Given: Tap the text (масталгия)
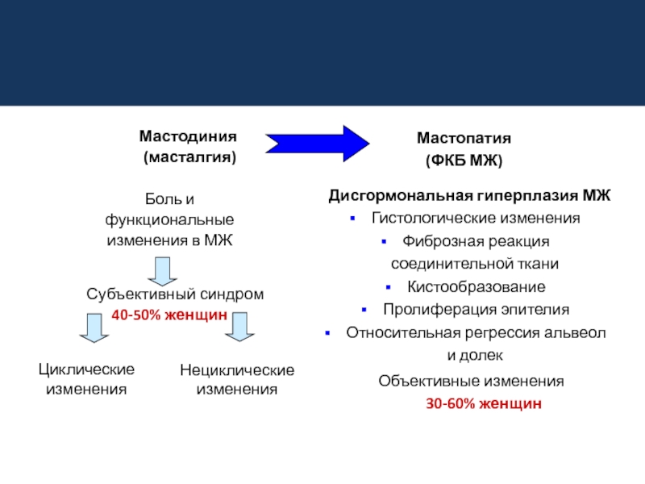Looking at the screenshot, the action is coord(189,156).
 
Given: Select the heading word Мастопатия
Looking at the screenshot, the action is coord(464,139).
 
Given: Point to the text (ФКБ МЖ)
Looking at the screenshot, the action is coord(464,161).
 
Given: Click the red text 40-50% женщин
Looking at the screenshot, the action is coord(169,315).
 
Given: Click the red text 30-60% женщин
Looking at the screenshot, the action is coord(484,403).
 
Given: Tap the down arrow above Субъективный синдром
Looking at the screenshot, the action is coord(162,270).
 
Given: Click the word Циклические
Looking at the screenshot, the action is coord(86,369).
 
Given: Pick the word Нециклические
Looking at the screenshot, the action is coord(237,370).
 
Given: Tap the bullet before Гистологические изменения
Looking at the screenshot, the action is coord(352,219).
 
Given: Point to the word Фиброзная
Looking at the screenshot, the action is coord(432,241).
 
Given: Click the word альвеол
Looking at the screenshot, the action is coord(579,332).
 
